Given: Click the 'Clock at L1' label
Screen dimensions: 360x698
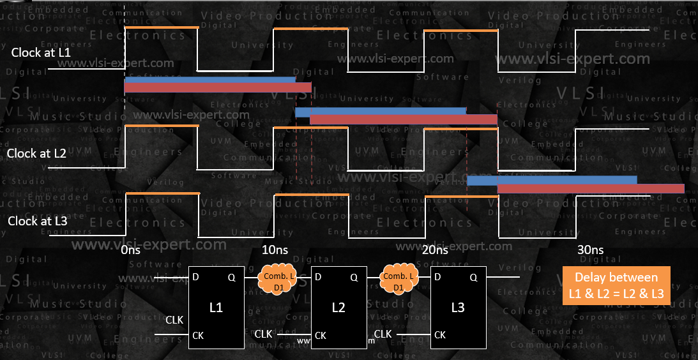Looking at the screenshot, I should coord(41,53).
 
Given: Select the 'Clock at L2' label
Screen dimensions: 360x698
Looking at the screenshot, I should coord(36,154).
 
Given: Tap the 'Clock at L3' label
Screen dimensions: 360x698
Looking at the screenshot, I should coord(36,221).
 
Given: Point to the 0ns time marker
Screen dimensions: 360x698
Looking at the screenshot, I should coord(130,250).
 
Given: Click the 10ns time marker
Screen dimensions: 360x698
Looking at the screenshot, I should coord(276,250).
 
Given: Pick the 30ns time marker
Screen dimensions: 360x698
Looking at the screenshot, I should coord(589,250).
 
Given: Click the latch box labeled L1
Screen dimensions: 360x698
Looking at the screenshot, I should coord(216,307).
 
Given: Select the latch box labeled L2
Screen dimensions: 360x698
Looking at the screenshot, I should coord(338,307).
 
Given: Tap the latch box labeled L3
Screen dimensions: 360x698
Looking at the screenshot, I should coord(458,307).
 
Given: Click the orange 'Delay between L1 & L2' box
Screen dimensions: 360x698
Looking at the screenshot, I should coord(616,287).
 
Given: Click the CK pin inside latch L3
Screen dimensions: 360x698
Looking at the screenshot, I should coord(440,335).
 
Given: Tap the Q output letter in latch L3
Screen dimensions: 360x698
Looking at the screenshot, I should coord(473,278).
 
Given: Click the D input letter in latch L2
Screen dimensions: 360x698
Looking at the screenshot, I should coord(318,278).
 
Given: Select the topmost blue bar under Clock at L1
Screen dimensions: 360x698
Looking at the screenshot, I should coord(209,80).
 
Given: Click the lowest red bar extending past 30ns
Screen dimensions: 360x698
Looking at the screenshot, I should coord(590,188).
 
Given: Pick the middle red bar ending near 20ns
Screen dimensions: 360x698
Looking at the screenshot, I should coord(403,119).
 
